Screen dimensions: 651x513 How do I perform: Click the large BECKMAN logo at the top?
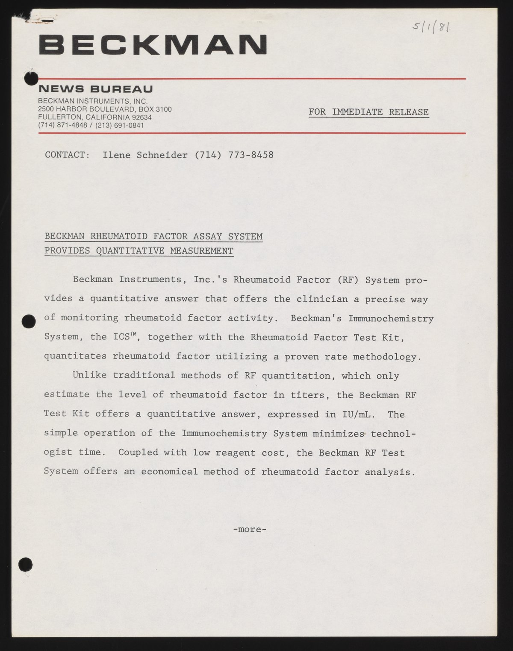(153, 44)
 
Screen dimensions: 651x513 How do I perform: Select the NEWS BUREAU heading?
(95, 89)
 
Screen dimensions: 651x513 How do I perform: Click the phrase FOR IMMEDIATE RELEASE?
(369, 112)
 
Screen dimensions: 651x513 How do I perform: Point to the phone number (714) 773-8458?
(234, 155)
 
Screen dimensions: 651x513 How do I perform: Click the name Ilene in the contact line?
(117, 155)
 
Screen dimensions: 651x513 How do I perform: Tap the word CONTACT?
(67, 155)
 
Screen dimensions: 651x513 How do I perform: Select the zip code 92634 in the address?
(142, 117)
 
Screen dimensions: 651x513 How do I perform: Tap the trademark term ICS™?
(124, 337)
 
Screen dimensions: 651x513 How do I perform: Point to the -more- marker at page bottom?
(250, 529)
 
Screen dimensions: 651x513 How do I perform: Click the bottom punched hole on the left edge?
(26, 563)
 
